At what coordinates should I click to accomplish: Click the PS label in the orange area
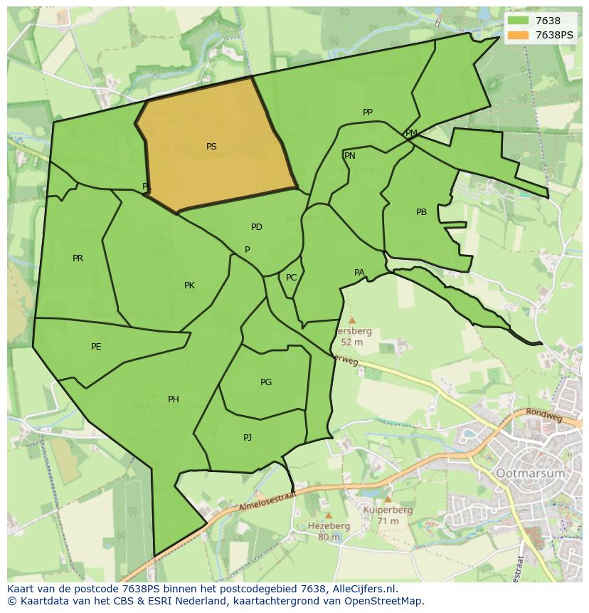[211, 147]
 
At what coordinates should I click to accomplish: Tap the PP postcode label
[368, 112]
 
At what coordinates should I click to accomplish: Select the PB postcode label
[422, 212]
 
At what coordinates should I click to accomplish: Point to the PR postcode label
[78, 258]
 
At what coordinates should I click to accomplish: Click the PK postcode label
[189, 285]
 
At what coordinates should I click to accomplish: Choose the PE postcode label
[96, 347]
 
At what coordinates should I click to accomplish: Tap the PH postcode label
[174, 399]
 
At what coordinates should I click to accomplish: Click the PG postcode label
[266, 382]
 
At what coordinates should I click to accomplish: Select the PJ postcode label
[248, 438]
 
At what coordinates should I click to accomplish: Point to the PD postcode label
[257, 227]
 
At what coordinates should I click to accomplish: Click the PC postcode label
[291, 278]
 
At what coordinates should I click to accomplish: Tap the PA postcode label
[359, 273]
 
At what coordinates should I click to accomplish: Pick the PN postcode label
[350, 156]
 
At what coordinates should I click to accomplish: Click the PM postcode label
[411, 133]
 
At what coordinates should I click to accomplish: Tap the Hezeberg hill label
[329, 526]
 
